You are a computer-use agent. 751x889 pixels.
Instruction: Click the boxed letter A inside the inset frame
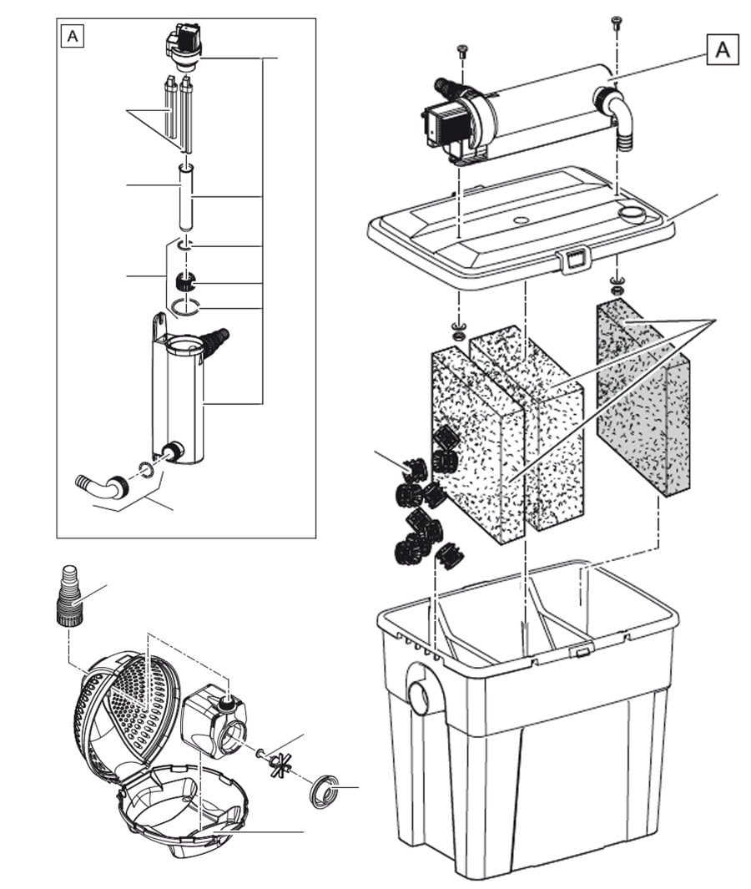click(73, 37)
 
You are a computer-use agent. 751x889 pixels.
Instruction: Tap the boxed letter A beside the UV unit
click(723, 50)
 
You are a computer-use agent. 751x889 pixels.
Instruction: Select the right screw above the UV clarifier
click(617, 23)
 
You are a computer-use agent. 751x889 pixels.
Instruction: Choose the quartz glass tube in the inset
click(187, 199)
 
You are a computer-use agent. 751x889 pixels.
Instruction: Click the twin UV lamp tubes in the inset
click(180, 113)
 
